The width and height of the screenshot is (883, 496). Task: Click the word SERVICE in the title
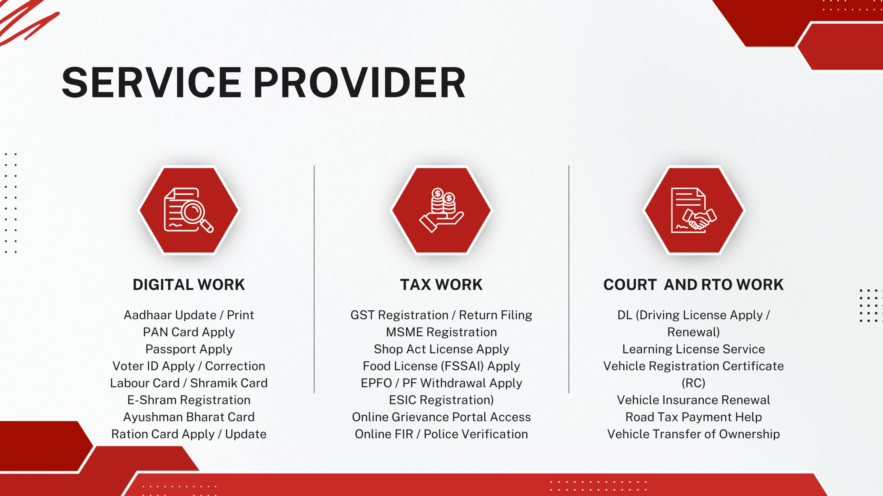point(151,83)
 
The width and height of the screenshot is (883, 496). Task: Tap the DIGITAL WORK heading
point(189,285)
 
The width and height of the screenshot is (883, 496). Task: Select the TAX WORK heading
point(441,285)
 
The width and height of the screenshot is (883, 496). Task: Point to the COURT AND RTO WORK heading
point(693,285)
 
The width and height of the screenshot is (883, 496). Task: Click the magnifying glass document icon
point(189,210)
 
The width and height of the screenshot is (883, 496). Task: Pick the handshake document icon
point(693,210)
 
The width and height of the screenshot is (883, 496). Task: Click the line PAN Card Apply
point(189,332)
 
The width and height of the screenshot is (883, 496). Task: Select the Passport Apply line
point(189,349)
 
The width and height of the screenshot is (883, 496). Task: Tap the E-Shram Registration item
point(189,400)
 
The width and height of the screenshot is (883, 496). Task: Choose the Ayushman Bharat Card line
point(189,417)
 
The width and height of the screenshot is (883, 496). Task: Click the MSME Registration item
point(441,332)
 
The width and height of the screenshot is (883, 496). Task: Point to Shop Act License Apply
point(441,349)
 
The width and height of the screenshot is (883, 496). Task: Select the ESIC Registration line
point(441,400)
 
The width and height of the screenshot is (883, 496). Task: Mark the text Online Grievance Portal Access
point(441,417)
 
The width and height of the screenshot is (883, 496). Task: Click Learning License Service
point(693,349)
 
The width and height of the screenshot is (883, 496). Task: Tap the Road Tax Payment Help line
point(693,417)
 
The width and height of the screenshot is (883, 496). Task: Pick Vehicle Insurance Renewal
point(693,400)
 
